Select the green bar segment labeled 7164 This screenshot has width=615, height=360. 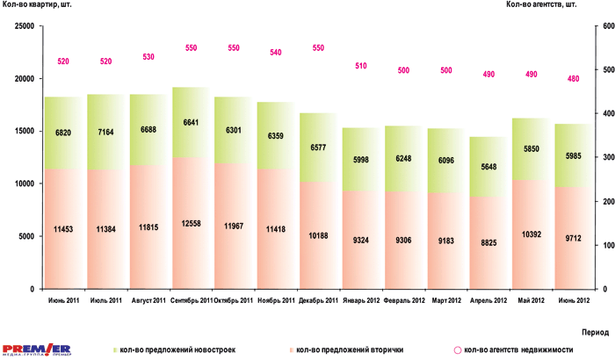pyautogui.click(x=105, y=132)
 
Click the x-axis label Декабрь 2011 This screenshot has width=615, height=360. pyautogui.click(x=318, y=300)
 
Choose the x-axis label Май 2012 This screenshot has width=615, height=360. pyautogui.click(x=530, y=300)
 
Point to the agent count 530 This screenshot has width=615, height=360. pyautogui.click(x=148, y=57)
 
